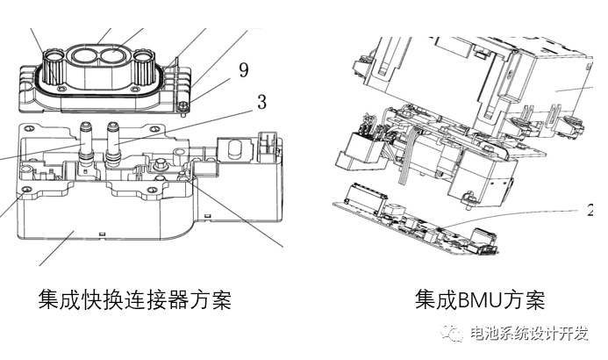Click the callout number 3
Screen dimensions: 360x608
261,102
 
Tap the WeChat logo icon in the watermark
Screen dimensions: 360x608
454,335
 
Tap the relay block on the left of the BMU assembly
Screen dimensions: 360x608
360,146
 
